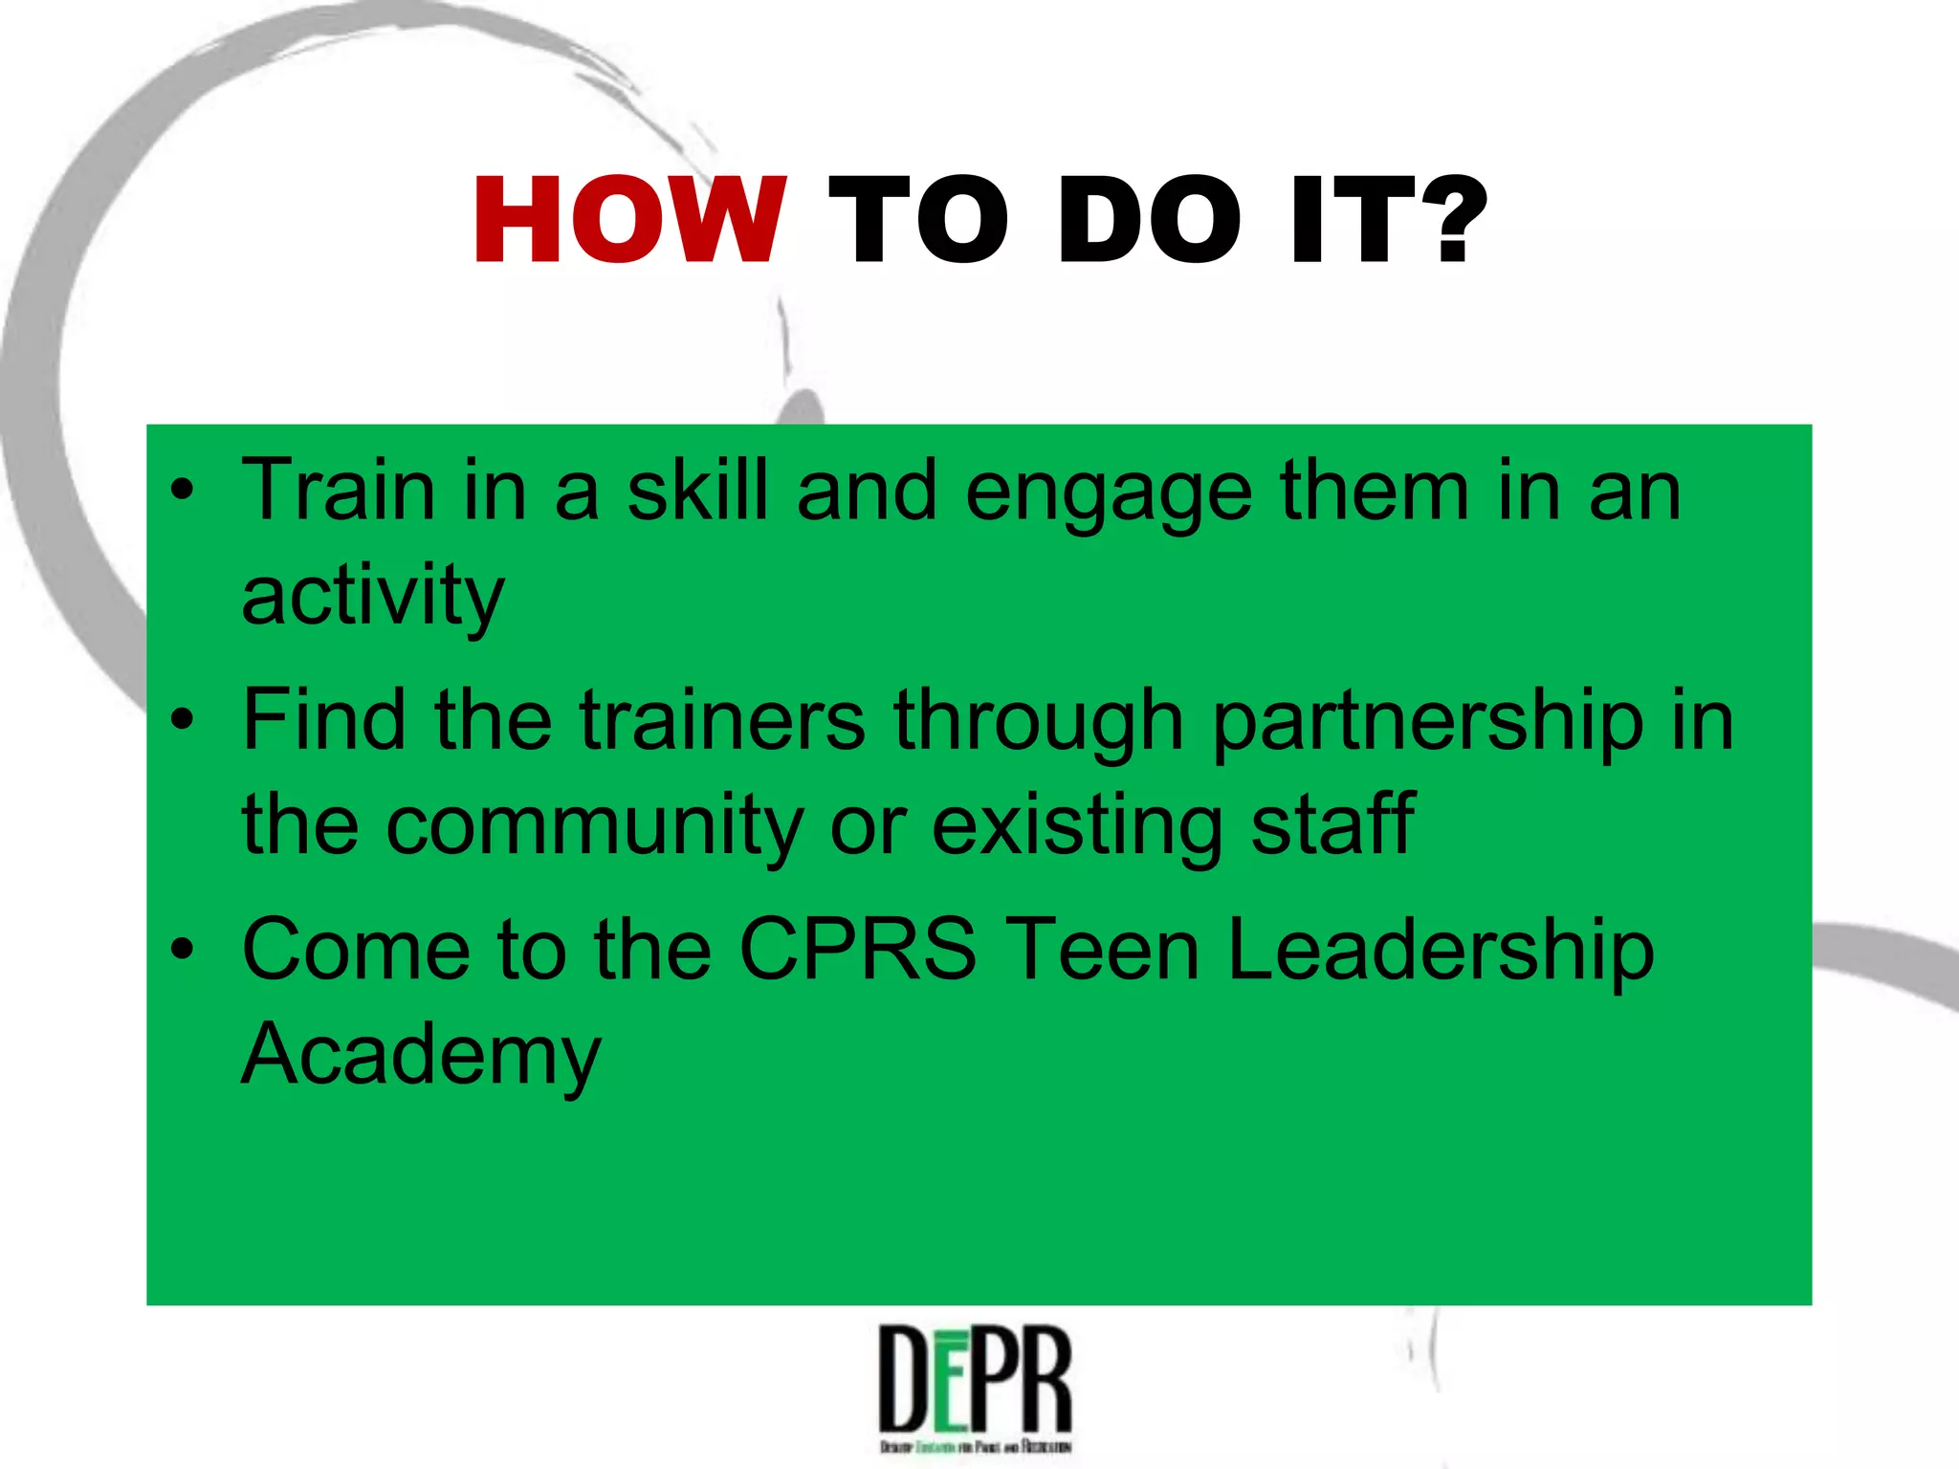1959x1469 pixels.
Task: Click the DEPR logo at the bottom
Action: coord(975,1389)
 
